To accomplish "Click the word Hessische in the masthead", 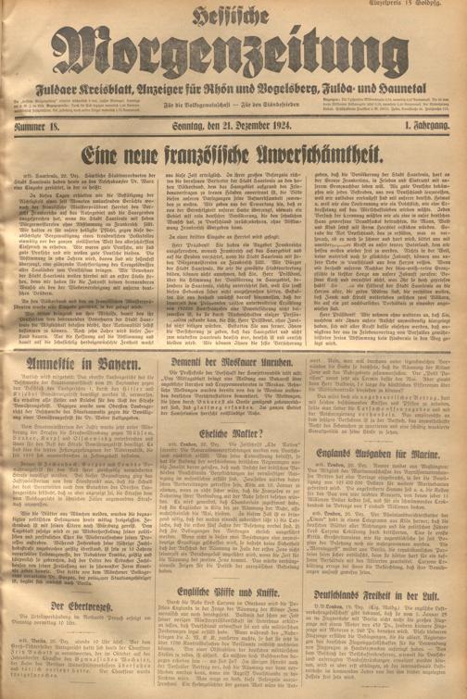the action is coord(233,13).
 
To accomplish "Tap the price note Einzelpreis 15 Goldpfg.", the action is coord(434,6).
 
